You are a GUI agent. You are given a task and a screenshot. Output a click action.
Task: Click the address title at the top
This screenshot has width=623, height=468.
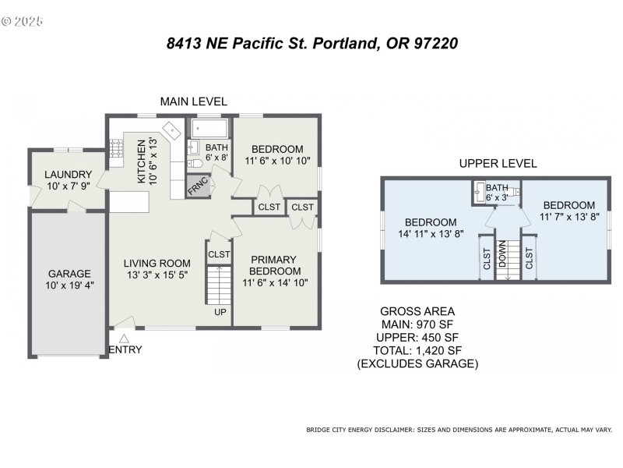pyautogui.click(x=311, y=44)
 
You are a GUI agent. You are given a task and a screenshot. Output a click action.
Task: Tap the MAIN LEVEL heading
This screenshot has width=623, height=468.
pyautogui.click(x=193, y=101)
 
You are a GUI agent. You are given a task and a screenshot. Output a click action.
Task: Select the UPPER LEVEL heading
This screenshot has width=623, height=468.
pyautogui.click(x=498, y=164)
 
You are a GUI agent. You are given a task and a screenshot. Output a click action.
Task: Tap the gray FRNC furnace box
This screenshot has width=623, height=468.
pyautogui.click(x=196, y=186)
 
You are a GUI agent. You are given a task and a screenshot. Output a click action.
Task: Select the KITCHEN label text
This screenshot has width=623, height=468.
pyautogui.click(x=142, y=161)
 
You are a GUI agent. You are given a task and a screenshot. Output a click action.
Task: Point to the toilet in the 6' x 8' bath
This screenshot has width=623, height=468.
pyautogui.click(x=196, y=164)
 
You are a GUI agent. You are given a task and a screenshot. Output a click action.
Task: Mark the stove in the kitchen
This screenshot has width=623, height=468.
pyautogui.click(x=115, y=148)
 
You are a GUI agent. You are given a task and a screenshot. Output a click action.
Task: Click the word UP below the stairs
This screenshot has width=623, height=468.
pyautogui.click(x=220, y=313)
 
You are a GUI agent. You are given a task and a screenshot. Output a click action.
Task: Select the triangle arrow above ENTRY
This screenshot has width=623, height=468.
pyautogui.click(x=124, y=337)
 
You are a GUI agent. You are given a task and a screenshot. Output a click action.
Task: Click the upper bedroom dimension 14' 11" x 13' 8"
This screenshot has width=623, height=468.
pyautogui.click(x=430, y=233)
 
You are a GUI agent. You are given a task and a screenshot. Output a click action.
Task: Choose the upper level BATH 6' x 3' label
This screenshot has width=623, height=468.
pyautogui.click(x=498, y=193)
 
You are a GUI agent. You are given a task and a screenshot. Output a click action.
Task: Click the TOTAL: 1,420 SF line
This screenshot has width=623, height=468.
pyautogui.click(x=417, y=351)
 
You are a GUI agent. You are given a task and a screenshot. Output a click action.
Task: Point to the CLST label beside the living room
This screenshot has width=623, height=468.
pyautogui.click(x=220, y=254)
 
